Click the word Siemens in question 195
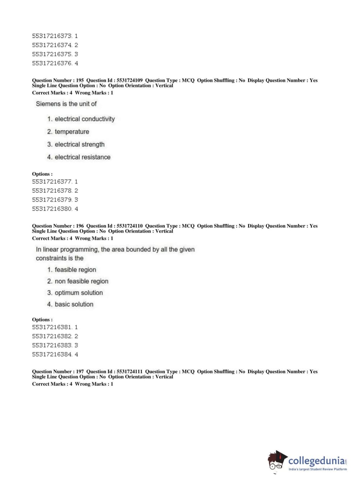coord(48,104)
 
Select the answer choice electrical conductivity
coord(85,119)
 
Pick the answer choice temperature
coord(72,132)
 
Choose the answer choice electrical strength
coord(79,144)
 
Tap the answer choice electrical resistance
coord(82,157)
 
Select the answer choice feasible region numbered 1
coord(75,270)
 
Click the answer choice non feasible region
coord(81,281)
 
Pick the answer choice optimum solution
coord(78,293)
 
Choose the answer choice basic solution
coord(74,304)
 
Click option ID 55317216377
coord(52,182)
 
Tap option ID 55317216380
coord(52,209)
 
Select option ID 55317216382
coord(52,336)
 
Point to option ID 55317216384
coord(52,354)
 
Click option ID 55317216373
coord(52,36)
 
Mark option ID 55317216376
coord(52,63)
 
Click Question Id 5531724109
coord(129,81)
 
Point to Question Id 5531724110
coord(129,226)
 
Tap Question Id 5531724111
coord(129,371)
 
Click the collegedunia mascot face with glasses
coord(276,462)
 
